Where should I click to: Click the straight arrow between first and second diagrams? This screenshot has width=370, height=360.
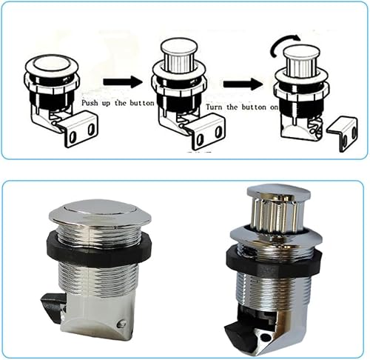click(x=123, y=81)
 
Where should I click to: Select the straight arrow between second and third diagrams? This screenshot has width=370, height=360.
click(x=243, y=84)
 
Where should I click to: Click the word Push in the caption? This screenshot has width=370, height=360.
click(x=90, y=103)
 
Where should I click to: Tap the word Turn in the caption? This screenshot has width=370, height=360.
click(x=215, y=107)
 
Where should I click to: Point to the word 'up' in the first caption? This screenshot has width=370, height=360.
click(x=107, y=104)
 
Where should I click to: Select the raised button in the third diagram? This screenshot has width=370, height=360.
click(x=302, y=60)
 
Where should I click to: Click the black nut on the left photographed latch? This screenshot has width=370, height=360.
click(x=98, y=250)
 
